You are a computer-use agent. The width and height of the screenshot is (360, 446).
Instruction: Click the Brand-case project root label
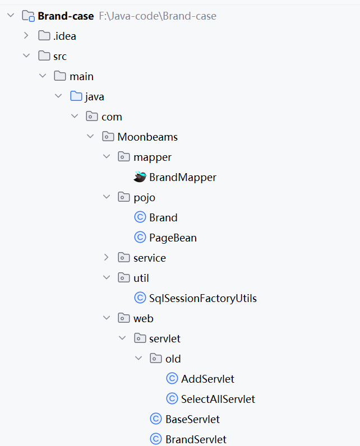pos(66,16)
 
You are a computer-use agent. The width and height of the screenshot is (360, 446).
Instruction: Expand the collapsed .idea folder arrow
pos(26,36)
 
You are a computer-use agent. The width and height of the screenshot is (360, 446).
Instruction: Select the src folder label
pos(60,57)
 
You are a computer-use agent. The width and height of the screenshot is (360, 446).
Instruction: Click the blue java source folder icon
pos(76,97)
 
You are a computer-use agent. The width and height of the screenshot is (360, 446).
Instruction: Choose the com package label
pos(112,117)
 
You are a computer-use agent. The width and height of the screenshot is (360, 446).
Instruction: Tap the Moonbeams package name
pos(147,137)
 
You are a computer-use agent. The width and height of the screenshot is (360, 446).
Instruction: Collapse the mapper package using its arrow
pos(107,157)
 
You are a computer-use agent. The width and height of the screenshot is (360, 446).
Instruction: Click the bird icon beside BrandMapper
pos(140,177)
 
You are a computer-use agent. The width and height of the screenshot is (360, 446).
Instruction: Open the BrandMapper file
pos(182,178)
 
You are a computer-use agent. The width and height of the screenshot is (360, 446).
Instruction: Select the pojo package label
pos(144,198)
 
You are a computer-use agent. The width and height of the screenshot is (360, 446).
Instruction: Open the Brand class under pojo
pos(163,218)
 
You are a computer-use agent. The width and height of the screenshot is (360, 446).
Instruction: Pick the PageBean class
pos(173,238)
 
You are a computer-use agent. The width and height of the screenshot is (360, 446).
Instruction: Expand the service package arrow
pos(107,258)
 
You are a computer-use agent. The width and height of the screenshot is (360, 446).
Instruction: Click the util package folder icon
pos(124,278)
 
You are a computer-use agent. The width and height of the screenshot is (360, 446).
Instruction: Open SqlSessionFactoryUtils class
pos(202,299)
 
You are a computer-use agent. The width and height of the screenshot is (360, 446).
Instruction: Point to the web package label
pos(144,319)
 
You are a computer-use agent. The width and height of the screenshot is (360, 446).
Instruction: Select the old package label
pos(173,359)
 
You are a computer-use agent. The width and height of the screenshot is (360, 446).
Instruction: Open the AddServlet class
pos(207,379)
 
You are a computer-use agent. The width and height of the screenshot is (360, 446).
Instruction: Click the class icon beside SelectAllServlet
pos(172,399)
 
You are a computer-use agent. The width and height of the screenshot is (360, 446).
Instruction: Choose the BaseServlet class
pos(192,420)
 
